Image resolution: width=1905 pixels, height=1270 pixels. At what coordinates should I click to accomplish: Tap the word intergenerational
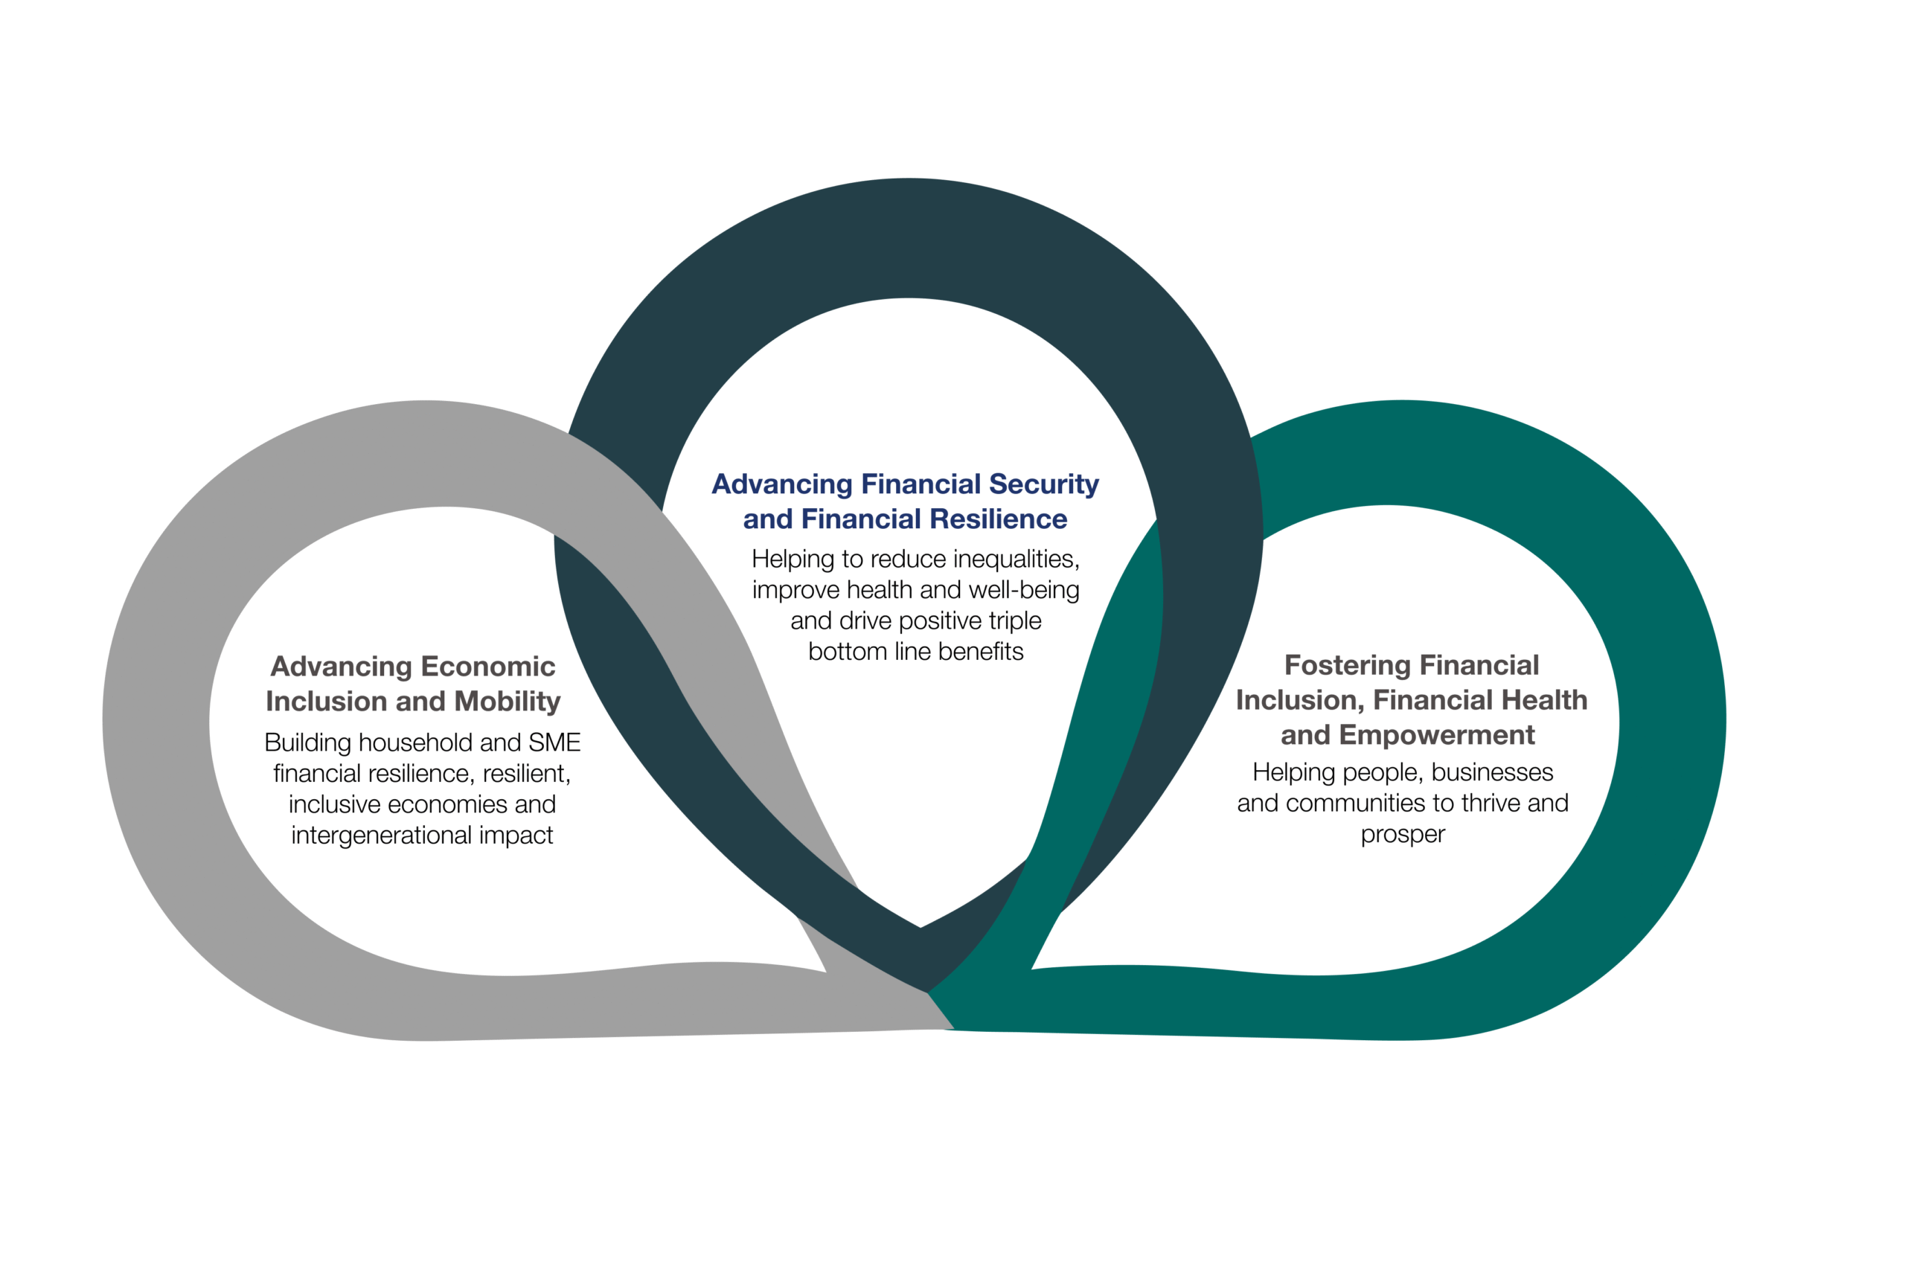386,835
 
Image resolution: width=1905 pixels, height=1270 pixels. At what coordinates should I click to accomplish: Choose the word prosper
1402,834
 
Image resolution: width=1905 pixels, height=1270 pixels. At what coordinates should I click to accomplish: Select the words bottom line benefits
915,651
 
